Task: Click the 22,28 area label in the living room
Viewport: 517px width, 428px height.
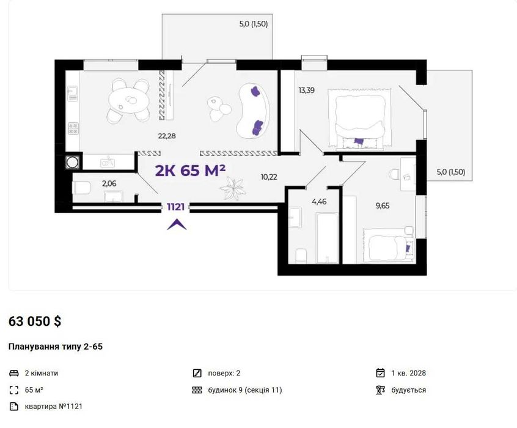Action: click(167, 136)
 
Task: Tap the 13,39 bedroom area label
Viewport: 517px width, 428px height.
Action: click(306, 90)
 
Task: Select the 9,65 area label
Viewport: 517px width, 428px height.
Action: click(383, 206)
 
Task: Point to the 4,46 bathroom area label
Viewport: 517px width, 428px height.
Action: click(319, 202)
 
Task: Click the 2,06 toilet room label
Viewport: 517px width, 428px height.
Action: click(109, 183)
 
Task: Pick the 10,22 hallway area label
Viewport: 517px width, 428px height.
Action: click(269, 177)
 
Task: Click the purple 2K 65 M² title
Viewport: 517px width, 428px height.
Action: click(190, 171)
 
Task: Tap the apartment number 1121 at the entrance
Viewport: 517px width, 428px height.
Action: click(175, 207)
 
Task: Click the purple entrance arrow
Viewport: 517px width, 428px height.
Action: click(177, 224)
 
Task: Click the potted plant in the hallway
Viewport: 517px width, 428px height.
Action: click(232, 188)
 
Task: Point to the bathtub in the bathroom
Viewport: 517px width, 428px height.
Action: click(327, 238)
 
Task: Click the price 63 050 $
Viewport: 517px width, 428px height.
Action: click(35, 321)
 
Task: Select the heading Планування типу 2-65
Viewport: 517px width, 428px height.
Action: click(56, 347)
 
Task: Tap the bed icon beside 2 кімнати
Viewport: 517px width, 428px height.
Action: click(14, 373)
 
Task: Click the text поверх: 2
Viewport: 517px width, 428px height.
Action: click(224, 373)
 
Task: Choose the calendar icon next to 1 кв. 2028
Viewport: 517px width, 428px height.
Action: click(381, 373)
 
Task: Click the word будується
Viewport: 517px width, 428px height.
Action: click(409, 390)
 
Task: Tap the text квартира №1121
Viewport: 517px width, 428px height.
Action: click(53, 407)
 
